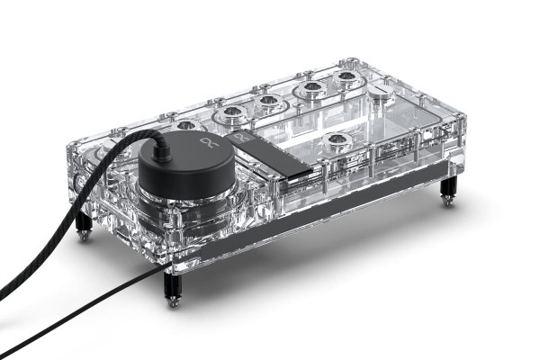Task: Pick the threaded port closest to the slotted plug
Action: coord(346,81)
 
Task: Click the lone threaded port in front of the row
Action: coord(336,141)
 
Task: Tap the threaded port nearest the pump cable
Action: coord(184,127)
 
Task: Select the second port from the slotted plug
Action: coord(310,89)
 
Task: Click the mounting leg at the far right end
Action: coord(447,189)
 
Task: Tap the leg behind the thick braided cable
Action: coord(83,225)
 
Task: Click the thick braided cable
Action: coord(54,261)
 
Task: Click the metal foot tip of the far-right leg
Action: coord(447,202)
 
